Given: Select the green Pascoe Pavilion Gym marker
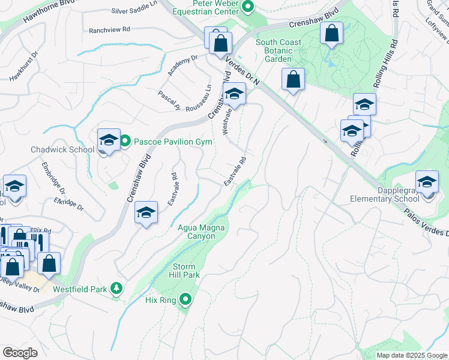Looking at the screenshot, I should coord(125,142).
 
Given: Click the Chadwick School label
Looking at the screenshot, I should coord(62,149).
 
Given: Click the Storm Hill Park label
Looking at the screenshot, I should coord(186,271).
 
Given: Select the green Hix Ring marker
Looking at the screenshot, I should coord(185,299).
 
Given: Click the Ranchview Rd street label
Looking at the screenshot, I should coord(109,29).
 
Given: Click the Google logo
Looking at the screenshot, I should coord(20,353).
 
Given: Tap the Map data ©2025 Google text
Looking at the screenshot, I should coord(411,355).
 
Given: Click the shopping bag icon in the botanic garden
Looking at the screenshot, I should coord(331,34).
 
